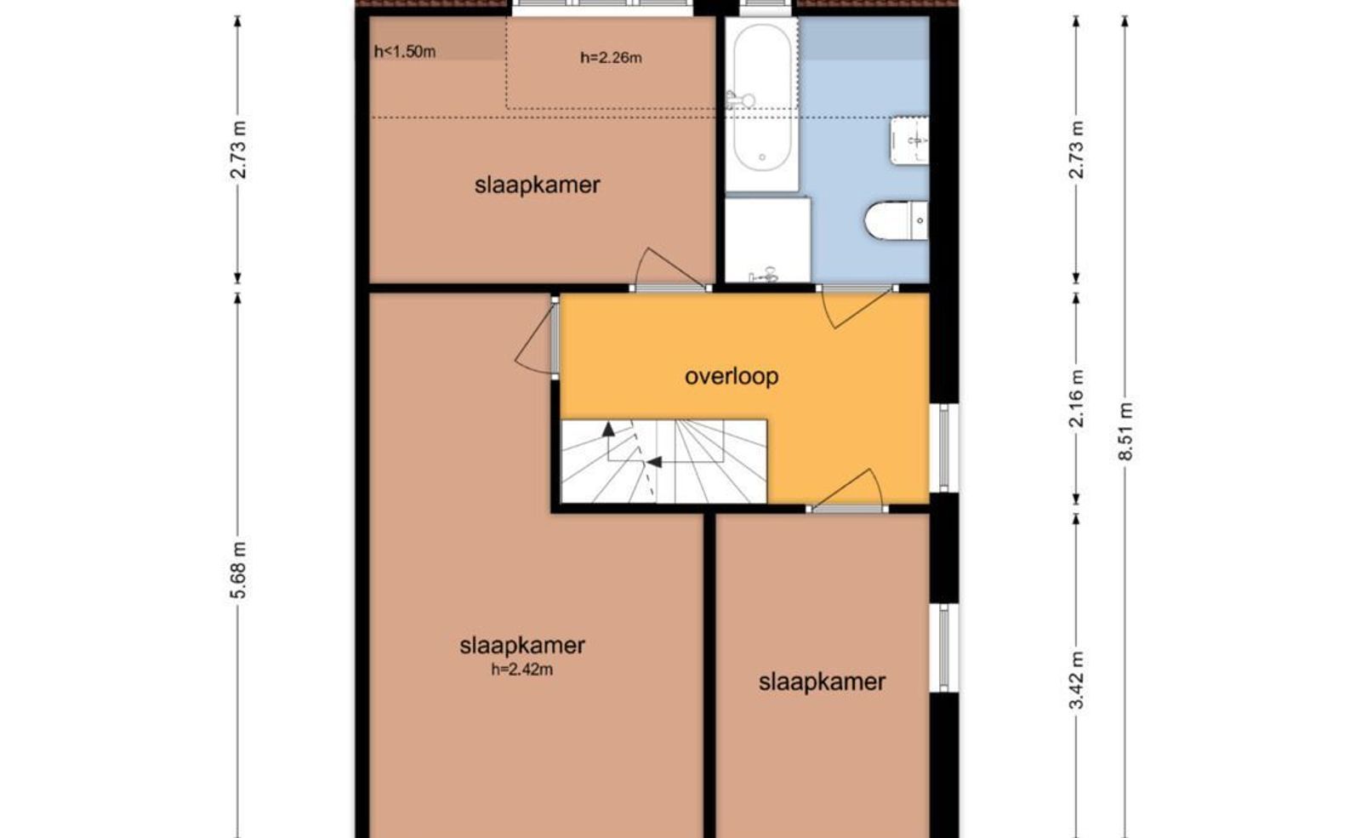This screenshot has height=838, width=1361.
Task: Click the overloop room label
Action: coord(732,377)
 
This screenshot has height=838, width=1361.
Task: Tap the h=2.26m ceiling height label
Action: coord(611,58)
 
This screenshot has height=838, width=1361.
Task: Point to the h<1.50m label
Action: coord(405,52)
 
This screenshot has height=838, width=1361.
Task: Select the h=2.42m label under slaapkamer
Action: coord(522,670)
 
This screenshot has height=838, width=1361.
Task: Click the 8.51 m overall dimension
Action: coord(1125,431)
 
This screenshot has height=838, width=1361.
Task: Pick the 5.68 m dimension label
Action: coord(238,570)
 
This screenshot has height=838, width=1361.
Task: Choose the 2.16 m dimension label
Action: coord(1076,399)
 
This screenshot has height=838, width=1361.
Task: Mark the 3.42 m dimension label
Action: coord(1076,680)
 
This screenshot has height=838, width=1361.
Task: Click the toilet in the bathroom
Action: coord(897,220)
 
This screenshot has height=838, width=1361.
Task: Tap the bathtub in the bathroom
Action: coord(762,105)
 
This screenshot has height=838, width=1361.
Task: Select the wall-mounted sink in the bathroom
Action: coord(909,141)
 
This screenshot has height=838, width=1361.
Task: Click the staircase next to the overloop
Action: coord(663,461)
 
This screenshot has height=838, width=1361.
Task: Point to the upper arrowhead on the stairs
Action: coord(607,429)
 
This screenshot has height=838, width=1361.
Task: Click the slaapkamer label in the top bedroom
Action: coord(537,185)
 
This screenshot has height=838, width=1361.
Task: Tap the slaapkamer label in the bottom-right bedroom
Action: coord(822,681)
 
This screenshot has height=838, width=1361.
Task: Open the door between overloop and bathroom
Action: coord(857,307)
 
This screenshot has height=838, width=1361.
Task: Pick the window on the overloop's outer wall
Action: coord(944,448)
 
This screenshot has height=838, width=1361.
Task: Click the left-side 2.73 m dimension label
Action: coord(238,150)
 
